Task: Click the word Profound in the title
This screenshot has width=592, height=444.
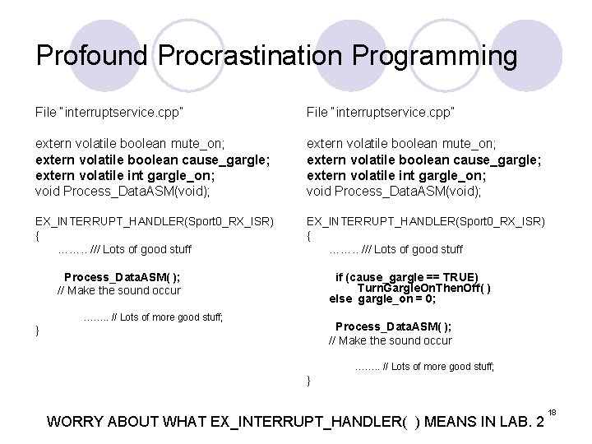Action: pos(93,56)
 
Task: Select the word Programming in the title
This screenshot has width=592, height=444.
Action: pos(435,56)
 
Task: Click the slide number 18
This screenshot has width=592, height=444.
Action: pos(553,411)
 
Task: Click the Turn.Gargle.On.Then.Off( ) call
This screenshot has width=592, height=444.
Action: pos(424,288)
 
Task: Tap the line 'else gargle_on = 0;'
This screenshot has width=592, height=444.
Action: pos(382,298)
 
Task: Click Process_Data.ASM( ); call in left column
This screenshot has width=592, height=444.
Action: pos(123,277)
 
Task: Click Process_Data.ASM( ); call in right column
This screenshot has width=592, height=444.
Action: pos(393,326)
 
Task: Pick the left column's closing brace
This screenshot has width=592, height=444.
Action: pos(37,331)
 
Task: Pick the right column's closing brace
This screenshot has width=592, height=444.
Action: pos(308,380)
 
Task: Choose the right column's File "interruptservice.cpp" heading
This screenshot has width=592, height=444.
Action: pos(381,111)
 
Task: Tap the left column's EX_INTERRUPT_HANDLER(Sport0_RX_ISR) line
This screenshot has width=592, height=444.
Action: pos(154,222)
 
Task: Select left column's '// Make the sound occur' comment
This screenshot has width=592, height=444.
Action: pos(118,290)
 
